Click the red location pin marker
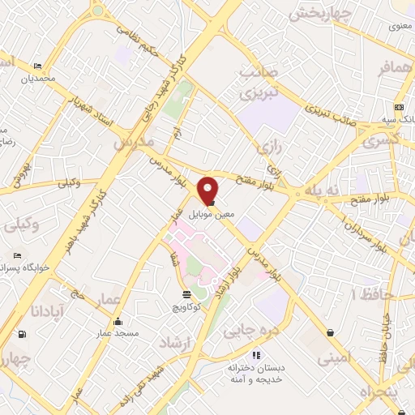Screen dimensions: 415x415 pos(209,190)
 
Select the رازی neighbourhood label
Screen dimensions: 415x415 pos(267,147)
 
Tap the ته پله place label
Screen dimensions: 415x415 pos(318,191)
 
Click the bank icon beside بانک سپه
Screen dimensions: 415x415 pos(399,107)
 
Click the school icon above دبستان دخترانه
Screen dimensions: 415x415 pos(256,354)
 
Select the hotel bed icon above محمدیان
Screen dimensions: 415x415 pos(37,66)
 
